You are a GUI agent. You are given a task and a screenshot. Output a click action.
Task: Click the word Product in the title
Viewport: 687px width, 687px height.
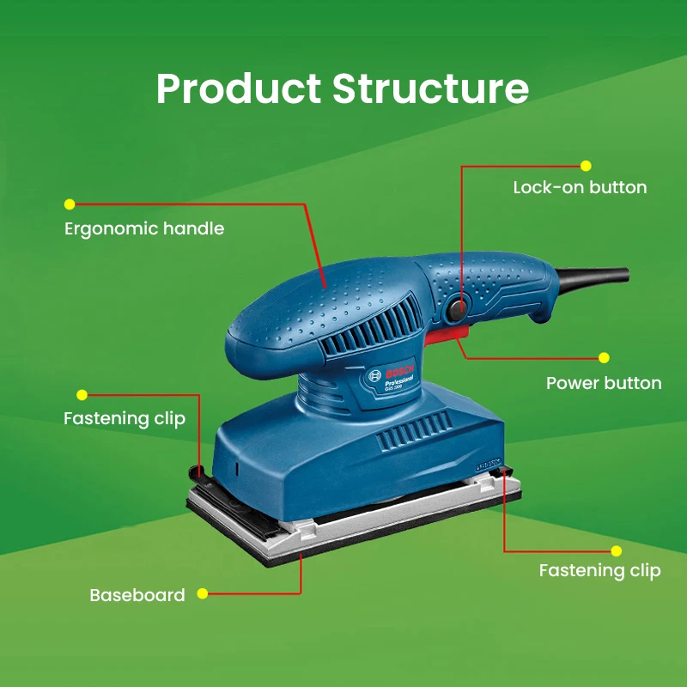coord(238,89)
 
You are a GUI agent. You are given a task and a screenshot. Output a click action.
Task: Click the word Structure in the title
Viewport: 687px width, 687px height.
coord(430,89)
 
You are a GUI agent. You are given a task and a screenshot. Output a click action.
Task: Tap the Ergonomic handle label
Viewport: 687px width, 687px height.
coord(144,229)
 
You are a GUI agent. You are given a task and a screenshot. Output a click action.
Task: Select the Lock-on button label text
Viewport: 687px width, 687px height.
coord(580,187)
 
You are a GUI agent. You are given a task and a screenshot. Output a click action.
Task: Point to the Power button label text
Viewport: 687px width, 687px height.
coord(604,383)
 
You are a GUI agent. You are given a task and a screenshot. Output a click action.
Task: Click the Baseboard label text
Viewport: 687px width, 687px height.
coord(137,595)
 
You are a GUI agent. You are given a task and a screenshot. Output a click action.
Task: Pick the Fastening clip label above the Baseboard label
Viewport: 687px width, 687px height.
coord(125,419)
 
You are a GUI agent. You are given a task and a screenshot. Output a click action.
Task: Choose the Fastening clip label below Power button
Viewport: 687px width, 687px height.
coord(599,570)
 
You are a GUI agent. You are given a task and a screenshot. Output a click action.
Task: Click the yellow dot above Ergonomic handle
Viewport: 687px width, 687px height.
coord(70,204)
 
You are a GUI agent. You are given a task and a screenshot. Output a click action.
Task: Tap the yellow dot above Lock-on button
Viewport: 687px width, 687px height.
coord(587,165)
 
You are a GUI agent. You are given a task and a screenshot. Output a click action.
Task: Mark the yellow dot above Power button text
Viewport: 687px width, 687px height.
coord(604,357)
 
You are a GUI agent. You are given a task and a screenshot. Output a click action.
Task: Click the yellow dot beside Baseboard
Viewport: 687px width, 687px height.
coord(203,593)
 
